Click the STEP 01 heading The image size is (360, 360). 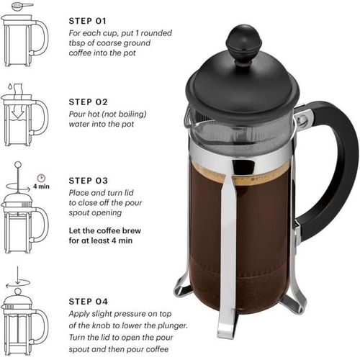[x=89, y=21]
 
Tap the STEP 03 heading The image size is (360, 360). [x=89, y=180]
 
